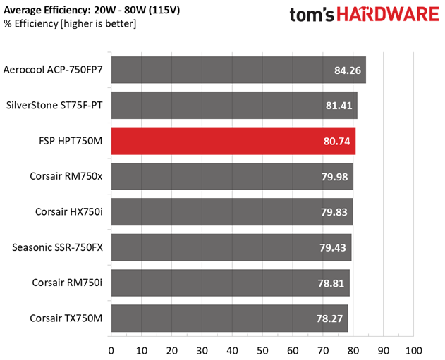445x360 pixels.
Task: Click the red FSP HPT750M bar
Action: point(233,141)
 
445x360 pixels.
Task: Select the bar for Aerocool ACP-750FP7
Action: point(238,70)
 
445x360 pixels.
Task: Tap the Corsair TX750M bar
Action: point(229,318)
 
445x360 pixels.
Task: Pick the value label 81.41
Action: point(339,106)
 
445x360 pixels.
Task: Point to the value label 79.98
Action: point(334,177)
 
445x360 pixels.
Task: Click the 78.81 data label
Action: point(331,283)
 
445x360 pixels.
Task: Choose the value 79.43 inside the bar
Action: point(333,248)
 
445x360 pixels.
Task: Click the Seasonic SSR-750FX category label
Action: point(57,247)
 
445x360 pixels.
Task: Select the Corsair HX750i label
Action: point(69,212)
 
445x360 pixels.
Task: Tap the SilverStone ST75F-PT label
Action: point(54,106)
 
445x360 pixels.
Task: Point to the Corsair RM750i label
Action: point(67,283)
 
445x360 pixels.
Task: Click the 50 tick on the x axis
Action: point(262,351)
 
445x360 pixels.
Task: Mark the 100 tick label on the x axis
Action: point(413,351)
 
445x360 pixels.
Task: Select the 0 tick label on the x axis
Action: point(111,351)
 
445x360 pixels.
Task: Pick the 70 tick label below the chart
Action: point(323,351)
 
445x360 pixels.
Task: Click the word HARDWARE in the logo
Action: point(388,15)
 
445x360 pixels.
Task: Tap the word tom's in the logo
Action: point(312,15)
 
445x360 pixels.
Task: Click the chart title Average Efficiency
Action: point(46,10)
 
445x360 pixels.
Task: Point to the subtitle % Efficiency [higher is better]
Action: point(70,24)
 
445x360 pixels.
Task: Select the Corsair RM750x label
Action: point(66,176)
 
